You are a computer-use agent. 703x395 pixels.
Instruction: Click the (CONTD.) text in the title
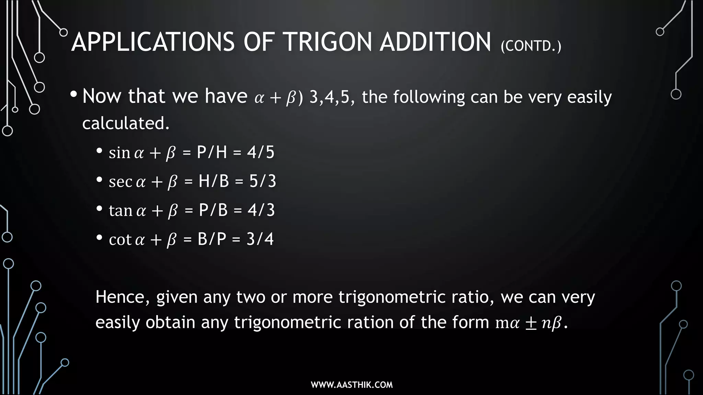[531, 46]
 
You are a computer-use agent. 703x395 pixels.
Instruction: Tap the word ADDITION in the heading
[435, 42]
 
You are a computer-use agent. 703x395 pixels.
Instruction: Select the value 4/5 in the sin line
[261, 152]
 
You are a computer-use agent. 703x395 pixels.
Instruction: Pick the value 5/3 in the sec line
[263, 181]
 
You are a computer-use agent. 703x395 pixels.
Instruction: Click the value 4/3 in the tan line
[261, 210]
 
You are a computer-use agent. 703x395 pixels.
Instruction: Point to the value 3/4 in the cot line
[260, 239]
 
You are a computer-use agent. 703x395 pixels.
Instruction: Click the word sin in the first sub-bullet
[119, 153]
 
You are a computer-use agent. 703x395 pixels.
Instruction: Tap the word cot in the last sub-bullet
[120, 239]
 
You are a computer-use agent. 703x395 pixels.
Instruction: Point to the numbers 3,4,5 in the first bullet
[332, 97]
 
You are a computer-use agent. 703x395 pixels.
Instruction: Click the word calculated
[126, 123]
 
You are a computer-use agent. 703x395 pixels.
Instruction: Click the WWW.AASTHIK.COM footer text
[351, 385]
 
